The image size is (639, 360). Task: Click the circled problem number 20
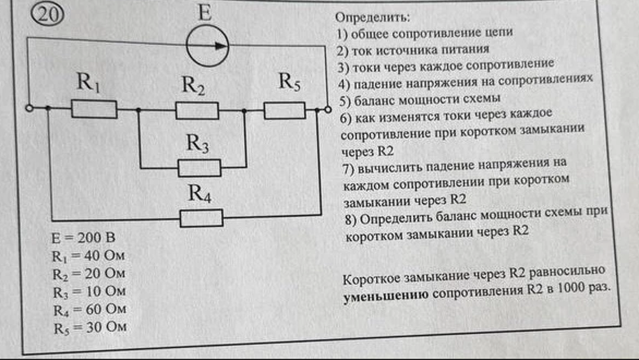(47, 15)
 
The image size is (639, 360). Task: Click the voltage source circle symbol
(207, 46)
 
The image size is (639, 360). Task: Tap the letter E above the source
(205, 13)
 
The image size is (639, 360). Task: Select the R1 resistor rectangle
(94, 110)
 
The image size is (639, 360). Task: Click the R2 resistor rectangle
(197, 110)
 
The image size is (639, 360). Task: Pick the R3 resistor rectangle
(200, 168)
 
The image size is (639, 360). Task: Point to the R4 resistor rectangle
(202, 218)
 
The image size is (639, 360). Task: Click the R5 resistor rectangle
(285, 110)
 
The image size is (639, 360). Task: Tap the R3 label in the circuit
(197, 143)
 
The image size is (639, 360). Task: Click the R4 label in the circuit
(200, 193)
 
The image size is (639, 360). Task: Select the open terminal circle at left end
(29, 108)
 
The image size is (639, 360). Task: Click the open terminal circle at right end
(328, 110)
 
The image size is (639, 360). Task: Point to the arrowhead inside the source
(221, 45)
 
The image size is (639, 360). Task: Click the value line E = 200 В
(83, 238)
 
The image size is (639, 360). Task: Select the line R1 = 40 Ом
(88, 256)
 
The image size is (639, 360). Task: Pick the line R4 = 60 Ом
(90, 310)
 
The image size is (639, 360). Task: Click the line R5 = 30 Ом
(91, 328)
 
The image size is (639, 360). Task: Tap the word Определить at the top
(372, 17)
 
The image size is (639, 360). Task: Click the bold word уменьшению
(386, 295)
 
